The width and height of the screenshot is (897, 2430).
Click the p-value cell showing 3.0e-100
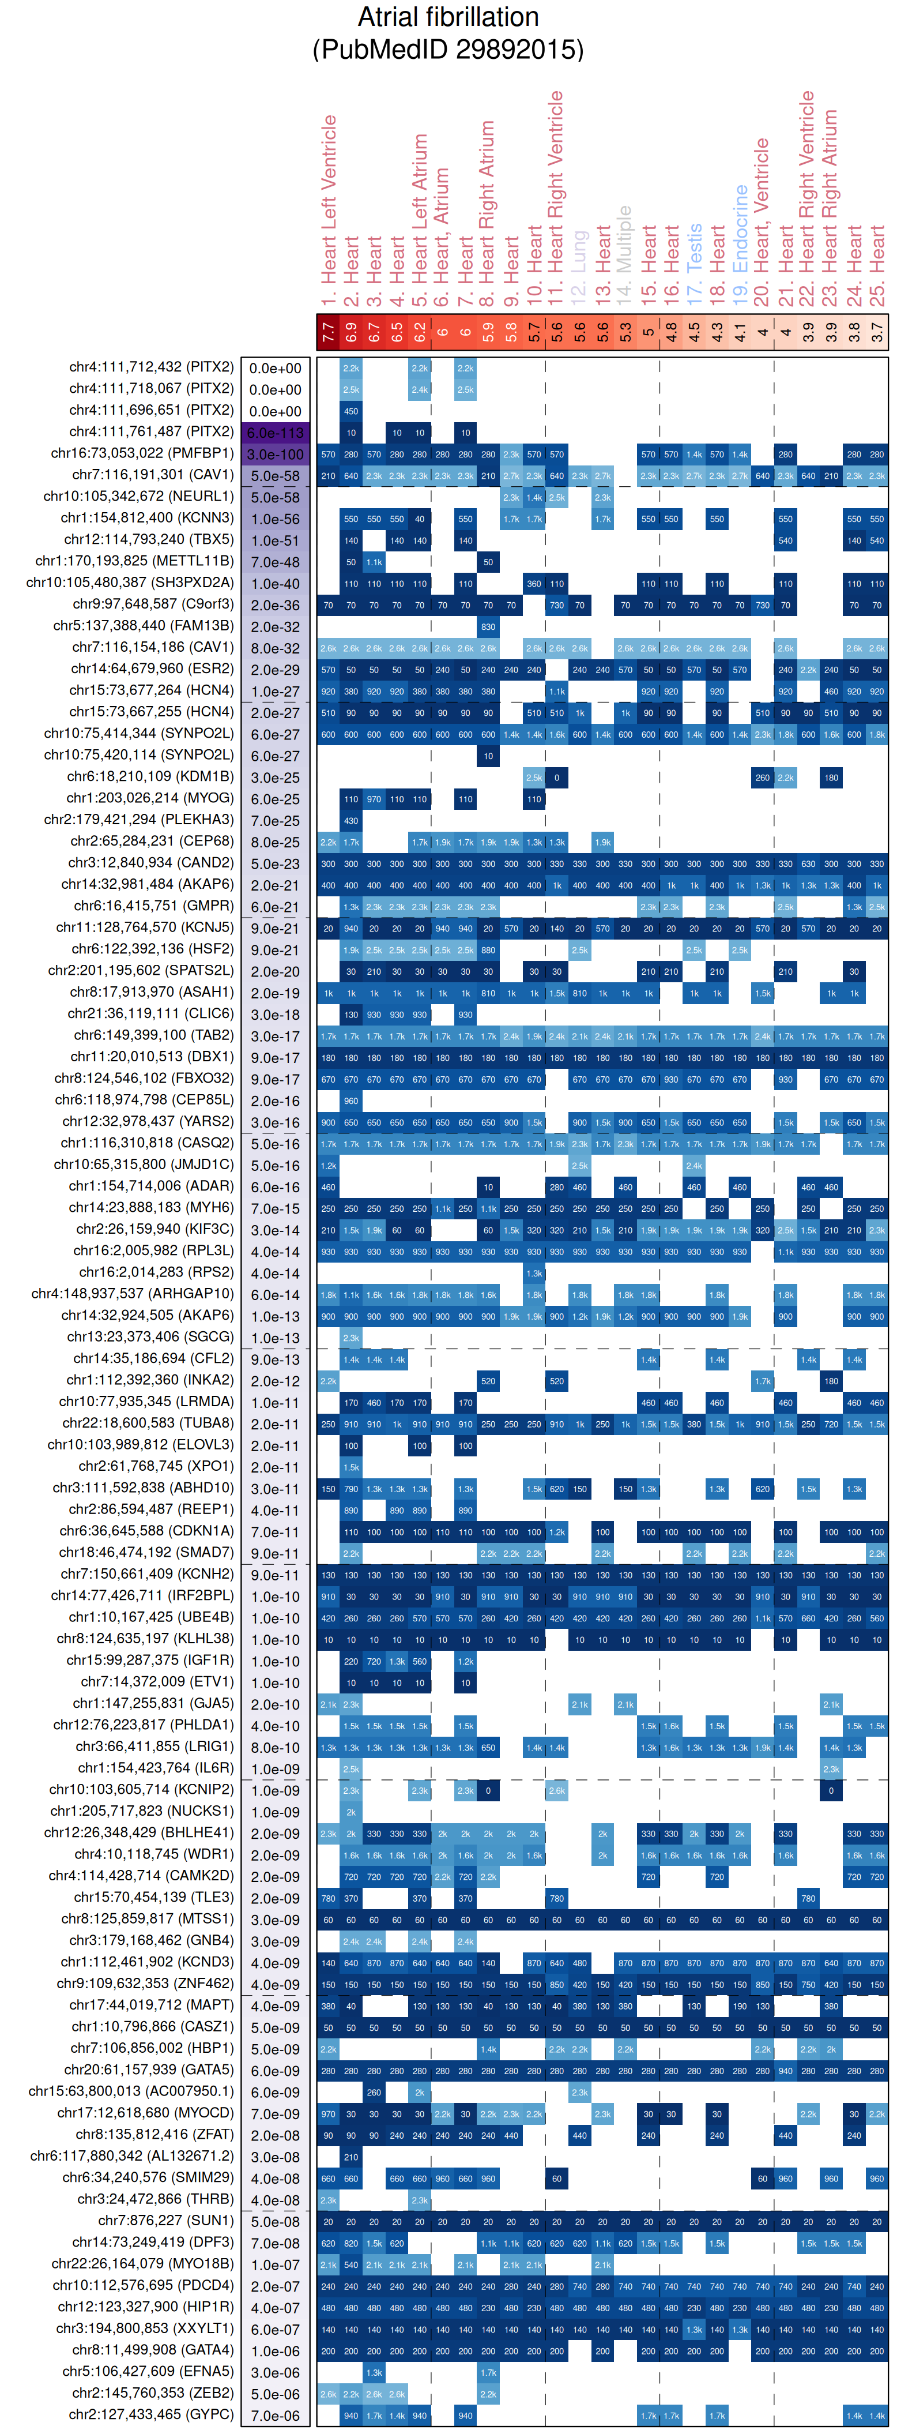click(x=276, y=455)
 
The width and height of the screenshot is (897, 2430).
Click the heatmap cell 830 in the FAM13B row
click(x=488, y=626)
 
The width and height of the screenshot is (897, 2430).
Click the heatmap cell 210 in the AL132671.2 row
click(x=351, y=2157)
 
